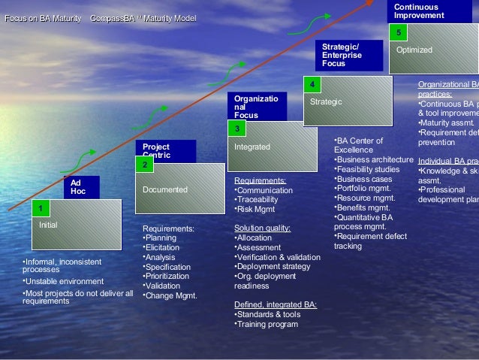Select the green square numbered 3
point(236,129)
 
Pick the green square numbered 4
point(311,84)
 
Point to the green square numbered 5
point(398,32)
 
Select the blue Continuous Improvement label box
point(425,11)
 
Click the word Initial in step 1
point(48,225)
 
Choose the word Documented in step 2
point(165,190)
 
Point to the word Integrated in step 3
point(252,147)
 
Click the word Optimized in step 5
point(414,50)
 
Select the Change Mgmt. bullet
point(170,296)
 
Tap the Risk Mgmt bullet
point(256,210)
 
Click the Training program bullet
point(267,325)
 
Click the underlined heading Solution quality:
point(262,228)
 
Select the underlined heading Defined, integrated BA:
point(276,305)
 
